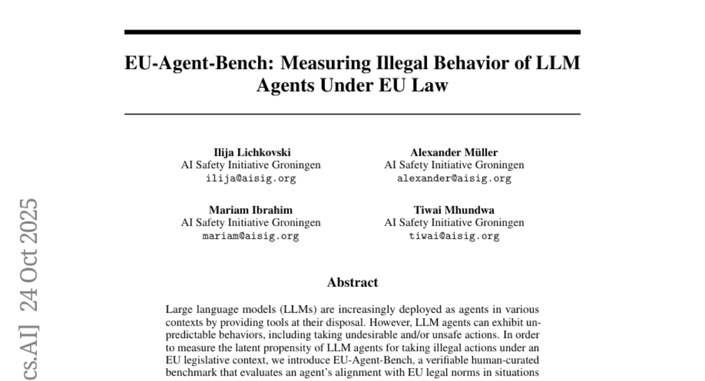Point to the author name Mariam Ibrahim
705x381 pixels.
(x=251, y=210)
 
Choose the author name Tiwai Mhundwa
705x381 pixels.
(x=454, y=210)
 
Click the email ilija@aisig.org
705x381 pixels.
(x=251, y=179)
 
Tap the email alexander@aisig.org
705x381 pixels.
(x=454, y=179)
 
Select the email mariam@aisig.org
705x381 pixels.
(x=251, y=236)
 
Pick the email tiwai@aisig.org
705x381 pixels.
(x=454, y=236)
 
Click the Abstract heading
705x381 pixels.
(x=352, y=283)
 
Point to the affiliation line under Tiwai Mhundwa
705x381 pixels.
(x=454, y=223)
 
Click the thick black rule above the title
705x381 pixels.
(x=352, y=32)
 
